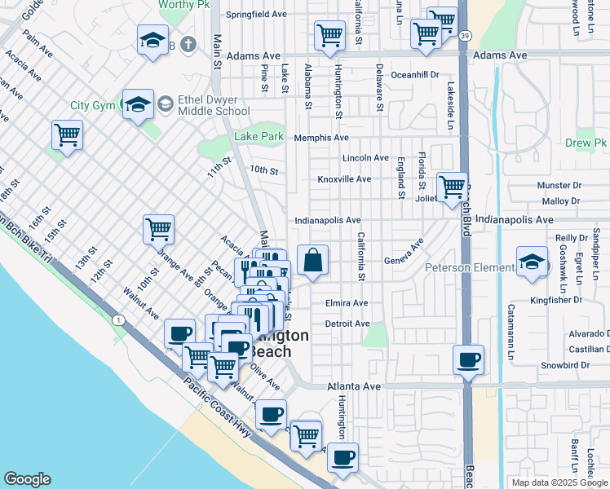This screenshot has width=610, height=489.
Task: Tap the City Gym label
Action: coord(92,105)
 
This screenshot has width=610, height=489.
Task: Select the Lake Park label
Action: coord(259,136)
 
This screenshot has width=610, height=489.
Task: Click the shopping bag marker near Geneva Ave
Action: coord(313,261)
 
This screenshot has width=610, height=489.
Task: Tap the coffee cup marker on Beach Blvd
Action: coord(468,359)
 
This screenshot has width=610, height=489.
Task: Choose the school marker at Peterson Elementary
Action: coord(532,263)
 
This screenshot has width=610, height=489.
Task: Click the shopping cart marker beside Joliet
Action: coord(452,187)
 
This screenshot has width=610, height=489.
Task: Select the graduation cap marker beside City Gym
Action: coord(139,104)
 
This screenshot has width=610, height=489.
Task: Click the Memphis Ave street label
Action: coord(321,138)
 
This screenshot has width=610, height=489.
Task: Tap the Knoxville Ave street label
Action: coord(344,179)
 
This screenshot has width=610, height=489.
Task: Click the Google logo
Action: coord(27,479)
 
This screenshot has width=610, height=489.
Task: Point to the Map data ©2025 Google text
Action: coord(559,482)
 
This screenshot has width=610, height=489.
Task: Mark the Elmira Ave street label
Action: coord(347,303)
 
